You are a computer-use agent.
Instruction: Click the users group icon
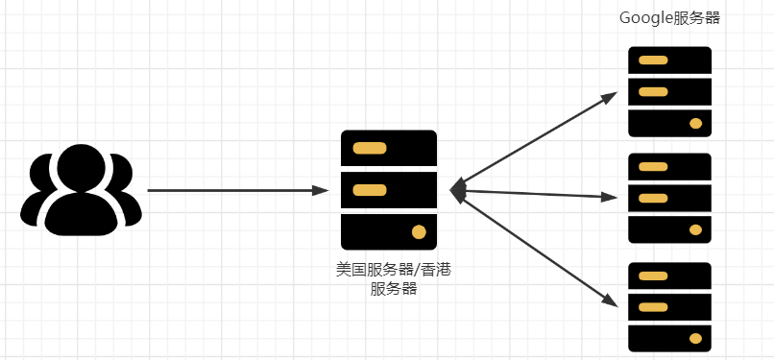click(x=81, y=190)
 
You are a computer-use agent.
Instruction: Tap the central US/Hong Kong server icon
click(x=389, y=190)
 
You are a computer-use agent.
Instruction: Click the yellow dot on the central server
click(x=419, y=231)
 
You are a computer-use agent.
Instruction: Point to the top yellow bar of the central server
click(x=370, y=149)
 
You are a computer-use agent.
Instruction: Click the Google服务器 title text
click(x=669, y=18)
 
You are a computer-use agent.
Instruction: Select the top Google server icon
click(x=669, y=92)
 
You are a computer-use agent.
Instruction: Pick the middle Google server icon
click(x=669, y=198)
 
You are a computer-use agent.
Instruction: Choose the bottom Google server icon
click(x=669, y=306)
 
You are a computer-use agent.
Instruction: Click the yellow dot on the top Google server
click(x=695, y=123)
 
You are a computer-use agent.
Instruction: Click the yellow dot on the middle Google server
click(x=695, y=229)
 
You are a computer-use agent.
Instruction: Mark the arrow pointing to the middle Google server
click(x=538, y=194)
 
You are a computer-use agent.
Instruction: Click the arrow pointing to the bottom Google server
click(x=538, y=248)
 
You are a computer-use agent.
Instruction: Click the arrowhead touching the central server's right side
click(x=458, y=191)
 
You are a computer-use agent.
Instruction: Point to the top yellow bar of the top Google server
click(x=653, y=60)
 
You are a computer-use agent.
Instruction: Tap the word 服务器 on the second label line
click(x=393, y=289)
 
